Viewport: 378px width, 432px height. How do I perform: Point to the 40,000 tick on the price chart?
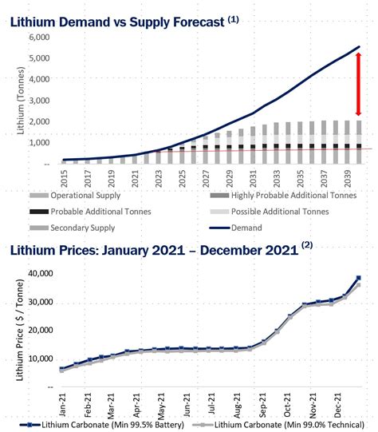(x=44, y=273)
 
